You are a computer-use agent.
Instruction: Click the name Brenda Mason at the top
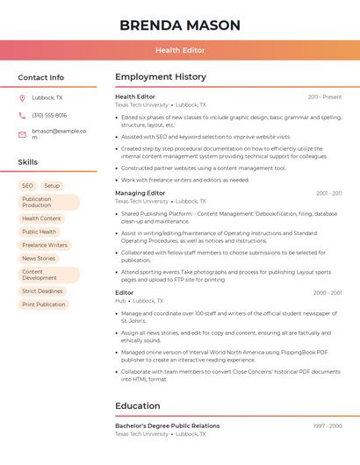[x=179, y=25]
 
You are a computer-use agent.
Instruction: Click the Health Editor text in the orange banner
[x=180, y=51]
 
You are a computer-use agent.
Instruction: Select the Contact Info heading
[x=41, y=77]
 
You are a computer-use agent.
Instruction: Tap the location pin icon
[x=22, y=98]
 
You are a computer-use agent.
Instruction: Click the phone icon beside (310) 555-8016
[x=22, y=116]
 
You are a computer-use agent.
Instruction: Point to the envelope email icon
[x=22, y=134]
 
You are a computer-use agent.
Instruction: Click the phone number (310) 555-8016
[x=49, y=116]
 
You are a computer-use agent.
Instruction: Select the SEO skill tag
[x=27, y=186]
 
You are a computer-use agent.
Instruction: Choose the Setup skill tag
[x=52, y=186]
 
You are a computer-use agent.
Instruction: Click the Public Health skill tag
[x=40, y=232]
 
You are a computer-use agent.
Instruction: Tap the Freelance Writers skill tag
[x=45, y=245]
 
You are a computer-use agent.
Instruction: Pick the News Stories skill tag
[x=39, y=259]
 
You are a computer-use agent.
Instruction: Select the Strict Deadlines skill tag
[x=42, y=291]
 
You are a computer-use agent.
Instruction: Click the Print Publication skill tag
[x=44, y=304]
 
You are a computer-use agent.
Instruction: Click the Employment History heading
[x=161, y=77]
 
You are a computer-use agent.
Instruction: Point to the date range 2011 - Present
[x=325, y=97]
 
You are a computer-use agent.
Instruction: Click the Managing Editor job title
[x=140, y=193]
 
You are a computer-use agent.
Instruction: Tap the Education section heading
[x=137, y=406]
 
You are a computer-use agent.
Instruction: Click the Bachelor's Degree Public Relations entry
[x=167, y=426]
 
